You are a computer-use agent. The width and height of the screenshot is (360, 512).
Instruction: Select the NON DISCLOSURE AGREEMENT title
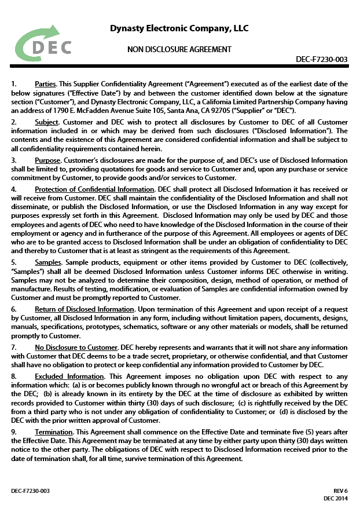click(179, 49)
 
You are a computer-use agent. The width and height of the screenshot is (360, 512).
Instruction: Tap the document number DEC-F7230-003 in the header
click(321, 59)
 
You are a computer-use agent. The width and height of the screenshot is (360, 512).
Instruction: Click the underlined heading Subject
click(46, 123)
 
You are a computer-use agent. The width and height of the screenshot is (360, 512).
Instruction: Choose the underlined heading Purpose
click(47, 160)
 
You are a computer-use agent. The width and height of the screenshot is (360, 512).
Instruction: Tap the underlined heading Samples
click(48, 262)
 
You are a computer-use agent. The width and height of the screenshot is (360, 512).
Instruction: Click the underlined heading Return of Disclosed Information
click(85, 309)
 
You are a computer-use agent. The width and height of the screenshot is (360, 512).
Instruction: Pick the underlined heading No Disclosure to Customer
click(76, 347)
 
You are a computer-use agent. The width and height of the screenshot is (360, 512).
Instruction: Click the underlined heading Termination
click(54, 432)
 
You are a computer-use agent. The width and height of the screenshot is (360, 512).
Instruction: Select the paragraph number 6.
click(14, 309)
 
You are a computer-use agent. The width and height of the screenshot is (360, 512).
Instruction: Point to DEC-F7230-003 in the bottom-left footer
click(30, 491)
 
